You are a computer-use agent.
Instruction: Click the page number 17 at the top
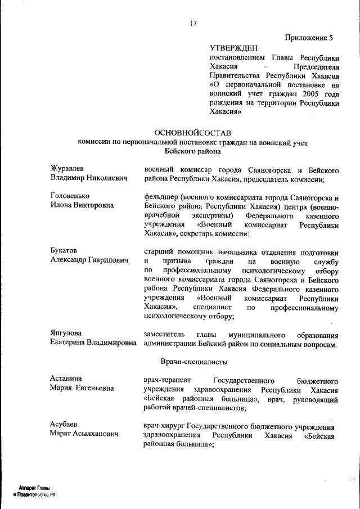tap(193, 24)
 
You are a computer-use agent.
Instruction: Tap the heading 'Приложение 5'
tap(309, 38)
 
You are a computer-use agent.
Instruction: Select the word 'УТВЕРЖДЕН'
tap(233, 48)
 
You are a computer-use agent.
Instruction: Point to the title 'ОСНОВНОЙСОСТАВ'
tap(192, 132)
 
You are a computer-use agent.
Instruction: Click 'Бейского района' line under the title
tap(192, 151)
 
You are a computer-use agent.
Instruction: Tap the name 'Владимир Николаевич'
tap(87, 178)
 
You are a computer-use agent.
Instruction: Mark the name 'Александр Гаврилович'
tap(89, 260)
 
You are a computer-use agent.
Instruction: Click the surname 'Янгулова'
tap(66, 334)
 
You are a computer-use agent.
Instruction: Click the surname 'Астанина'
tap(66, 379)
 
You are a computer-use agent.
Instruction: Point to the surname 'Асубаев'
tap(64, 425)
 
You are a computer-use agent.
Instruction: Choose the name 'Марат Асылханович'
tap(85, 434)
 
